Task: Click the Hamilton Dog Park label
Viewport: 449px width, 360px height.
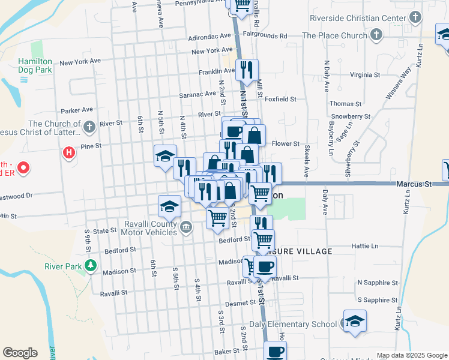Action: (35, 65)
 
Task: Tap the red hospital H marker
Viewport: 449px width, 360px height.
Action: (69, 152)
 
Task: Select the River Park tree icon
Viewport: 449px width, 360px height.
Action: (90, 265)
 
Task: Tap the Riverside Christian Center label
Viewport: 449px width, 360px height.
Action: (358, 18)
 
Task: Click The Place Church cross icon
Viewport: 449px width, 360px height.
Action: (376, 35)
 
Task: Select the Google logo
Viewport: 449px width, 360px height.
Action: (20, 353)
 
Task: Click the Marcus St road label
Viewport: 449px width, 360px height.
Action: (414, 185)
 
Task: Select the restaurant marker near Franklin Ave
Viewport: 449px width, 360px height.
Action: (247, 70)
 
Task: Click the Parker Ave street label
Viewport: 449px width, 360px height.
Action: (77, 110)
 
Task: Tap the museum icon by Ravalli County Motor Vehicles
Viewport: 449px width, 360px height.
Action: (186, 226)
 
